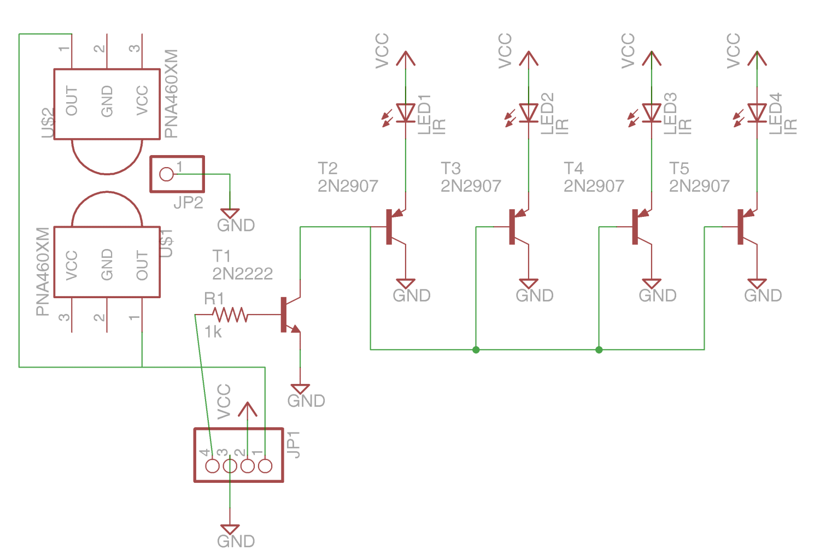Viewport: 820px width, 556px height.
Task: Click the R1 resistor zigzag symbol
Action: [230, 315]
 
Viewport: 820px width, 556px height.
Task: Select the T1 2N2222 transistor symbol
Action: [289, 315]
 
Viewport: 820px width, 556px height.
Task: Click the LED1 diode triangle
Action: [406, 113]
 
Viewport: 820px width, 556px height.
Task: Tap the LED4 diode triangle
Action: [757, 113]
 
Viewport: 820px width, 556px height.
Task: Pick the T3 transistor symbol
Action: [517, 227]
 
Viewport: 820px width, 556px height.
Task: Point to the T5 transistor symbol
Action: [745, 227]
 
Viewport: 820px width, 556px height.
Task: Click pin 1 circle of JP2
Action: [166, 174]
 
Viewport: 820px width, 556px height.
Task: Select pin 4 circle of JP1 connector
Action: [212, 466]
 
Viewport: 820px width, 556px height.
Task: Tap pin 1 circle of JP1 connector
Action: [265, 466]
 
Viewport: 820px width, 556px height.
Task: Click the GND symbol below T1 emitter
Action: [300, 389]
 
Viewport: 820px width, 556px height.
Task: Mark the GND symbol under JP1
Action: [230, 529]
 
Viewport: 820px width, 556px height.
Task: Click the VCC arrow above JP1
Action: [248, 410]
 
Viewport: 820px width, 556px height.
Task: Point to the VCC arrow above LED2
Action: [529, 58]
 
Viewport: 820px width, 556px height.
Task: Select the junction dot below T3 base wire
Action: [476, 350]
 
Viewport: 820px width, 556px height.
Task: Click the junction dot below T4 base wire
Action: [599, 350]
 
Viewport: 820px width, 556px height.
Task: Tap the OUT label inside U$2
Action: [72, 101]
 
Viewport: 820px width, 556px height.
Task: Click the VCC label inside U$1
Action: [72, 265]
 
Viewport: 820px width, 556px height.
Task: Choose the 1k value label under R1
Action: [213, 332]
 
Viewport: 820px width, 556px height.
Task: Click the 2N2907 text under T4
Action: [594, 186]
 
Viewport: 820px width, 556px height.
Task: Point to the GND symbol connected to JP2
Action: [230, 214]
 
